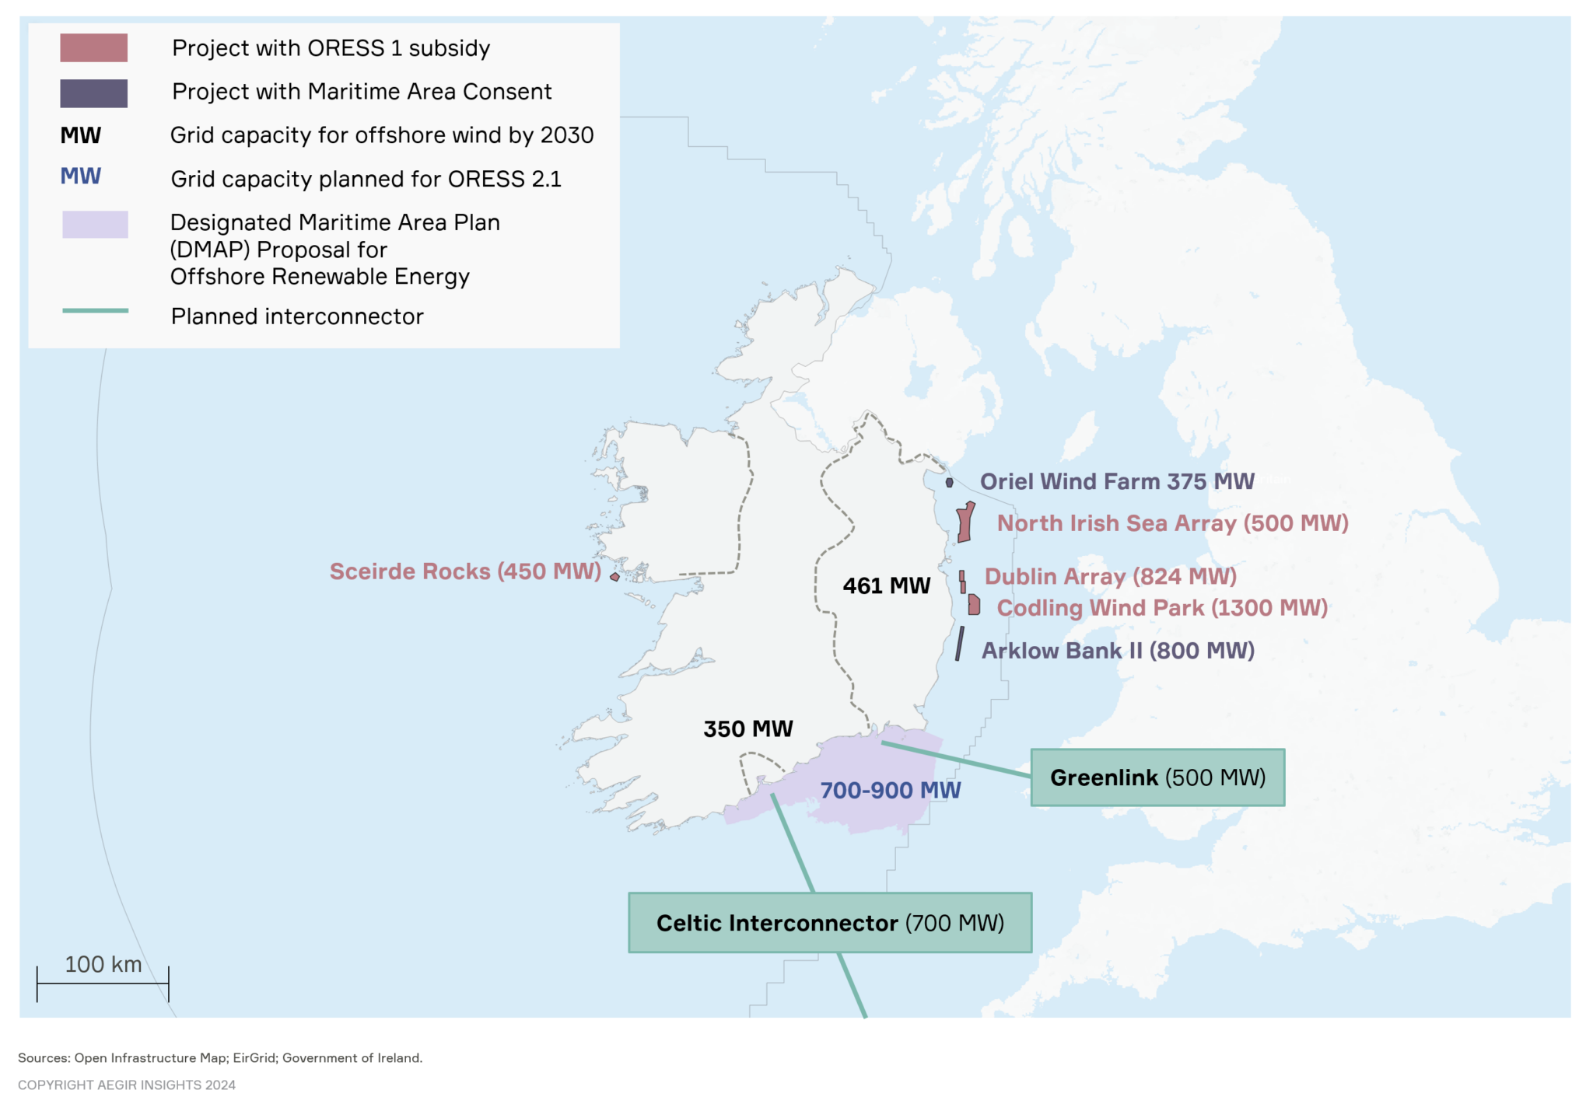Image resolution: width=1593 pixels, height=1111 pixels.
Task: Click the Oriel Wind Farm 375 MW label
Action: pyautogui.click(x=1116, y=481)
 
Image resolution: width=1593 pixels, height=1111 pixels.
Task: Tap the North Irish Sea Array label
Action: pyautogui.click(x=1172, y=523)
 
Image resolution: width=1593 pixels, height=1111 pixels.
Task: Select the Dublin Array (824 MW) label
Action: pyautogui.click(x=1110, y=576)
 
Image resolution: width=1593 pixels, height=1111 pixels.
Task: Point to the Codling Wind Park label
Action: pyautogui.click(x=1162, y=608)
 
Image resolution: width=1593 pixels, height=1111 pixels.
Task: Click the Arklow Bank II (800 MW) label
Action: pyautogui.click(x=1118, y=651)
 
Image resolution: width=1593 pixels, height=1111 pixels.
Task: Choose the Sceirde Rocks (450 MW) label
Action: pyautogui.click(x=465, y=571)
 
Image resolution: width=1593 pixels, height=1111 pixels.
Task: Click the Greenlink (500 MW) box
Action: pyautogui.click(x=1157, y=777)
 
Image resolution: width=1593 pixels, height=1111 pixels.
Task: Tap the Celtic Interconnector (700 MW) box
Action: pyautogui.click(x=830, y=923)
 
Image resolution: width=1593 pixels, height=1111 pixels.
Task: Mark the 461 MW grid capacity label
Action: pyautogui.click(x=886, y=585)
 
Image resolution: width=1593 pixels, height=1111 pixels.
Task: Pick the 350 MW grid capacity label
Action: pyautogui.click(x=747, y=728)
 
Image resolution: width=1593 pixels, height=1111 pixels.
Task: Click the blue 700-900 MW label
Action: pyautogui.click(x=890, y=791)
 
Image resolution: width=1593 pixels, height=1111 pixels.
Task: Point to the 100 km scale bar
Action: pyautogui.click(x=103, y=983)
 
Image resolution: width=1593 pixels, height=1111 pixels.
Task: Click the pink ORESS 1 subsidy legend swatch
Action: pyautogui.click(x=94, y=48)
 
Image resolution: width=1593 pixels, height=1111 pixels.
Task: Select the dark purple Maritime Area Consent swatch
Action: pyautogui.click(x=94, y=93)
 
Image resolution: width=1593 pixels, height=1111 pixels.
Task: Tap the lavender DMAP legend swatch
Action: pyautogui.click(x=95, y=225)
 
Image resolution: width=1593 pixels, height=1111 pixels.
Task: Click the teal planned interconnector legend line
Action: pyautogui.click(x=95, y=311)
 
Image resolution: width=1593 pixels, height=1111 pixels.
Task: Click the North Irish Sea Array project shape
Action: pyautogui.click(x=965, y=523)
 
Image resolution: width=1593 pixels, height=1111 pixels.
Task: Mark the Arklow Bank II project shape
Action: pyautogui.click(x=960, y=644)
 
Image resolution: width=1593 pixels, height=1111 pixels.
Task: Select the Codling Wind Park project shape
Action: pyautogui.click(x=974, y=605)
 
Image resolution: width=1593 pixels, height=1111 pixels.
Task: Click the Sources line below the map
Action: pyautogui.click(x=220, y=1057)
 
